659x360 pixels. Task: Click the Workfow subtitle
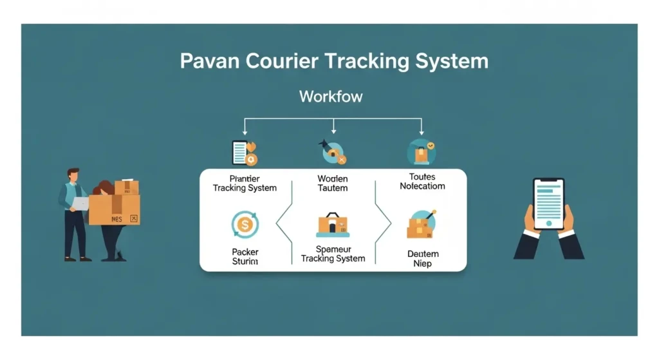(x=331, y=97)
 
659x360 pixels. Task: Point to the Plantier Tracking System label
(x=245, y=183)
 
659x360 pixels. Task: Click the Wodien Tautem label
(x=333, y=183)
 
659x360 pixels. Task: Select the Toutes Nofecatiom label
(x=422, y=181)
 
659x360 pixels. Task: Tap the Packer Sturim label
(x=245, y=256)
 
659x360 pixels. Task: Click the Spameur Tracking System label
(x=333, y=253)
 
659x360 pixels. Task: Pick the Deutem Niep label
(x=423, y=258)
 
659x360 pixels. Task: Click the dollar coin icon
(x=245, y=225)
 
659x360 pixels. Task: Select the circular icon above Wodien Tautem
(x=333, y=153)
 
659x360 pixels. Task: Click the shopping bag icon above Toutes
(x=422, y=153)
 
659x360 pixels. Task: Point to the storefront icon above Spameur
(x=333, y=225)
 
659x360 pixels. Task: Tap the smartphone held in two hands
(x=548, y=204)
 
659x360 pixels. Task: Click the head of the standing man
(x=73, y=175)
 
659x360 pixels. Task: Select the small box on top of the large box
(x=126, y=187)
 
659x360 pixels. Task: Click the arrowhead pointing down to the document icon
(x=243, y=132)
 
